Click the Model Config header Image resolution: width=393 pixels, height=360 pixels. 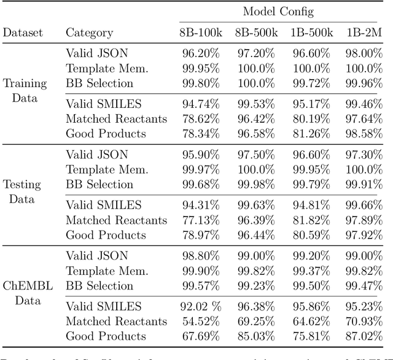(278, 12)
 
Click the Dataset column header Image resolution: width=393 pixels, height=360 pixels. (23, 33)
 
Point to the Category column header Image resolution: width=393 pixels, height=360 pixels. (89, 33)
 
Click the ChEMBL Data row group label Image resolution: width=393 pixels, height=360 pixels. (23, 293)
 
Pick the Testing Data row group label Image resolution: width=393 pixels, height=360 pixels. (23, 191)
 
